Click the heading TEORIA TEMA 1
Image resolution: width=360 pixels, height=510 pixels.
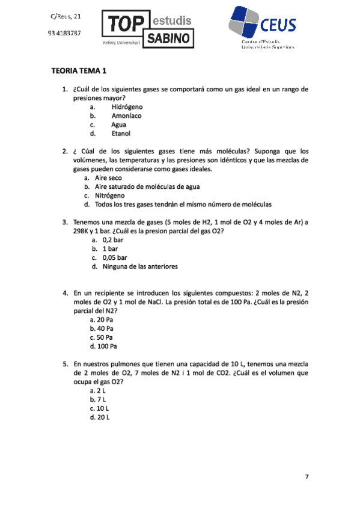point(79,71)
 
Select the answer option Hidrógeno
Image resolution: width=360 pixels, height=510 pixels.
point(127,106)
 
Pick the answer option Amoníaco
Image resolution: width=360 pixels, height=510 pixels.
point(127,115)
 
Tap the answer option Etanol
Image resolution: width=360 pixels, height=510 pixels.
point(121,134)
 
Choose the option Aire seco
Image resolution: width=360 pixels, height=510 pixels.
point(108,178)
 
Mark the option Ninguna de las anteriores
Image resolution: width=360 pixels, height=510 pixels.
point(140,266)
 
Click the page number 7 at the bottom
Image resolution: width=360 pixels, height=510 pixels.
point(307,477)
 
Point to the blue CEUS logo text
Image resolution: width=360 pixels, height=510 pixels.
point(278,25)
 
